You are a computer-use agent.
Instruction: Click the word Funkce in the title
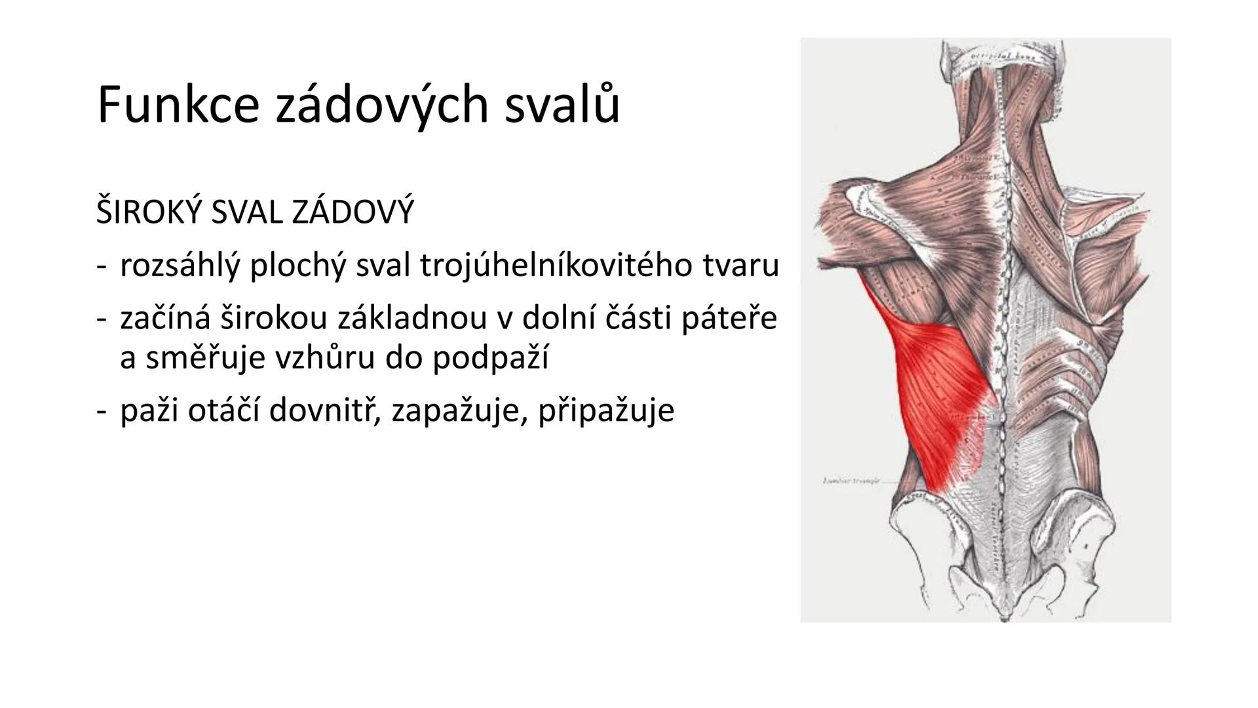coord(178,105)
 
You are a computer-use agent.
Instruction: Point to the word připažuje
coord(606,411)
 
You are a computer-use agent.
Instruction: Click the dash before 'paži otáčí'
coord(101,411)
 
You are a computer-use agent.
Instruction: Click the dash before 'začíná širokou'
coord(101,319)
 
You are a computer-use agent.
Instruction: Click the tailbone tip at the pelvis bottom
coord(1003,616)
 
